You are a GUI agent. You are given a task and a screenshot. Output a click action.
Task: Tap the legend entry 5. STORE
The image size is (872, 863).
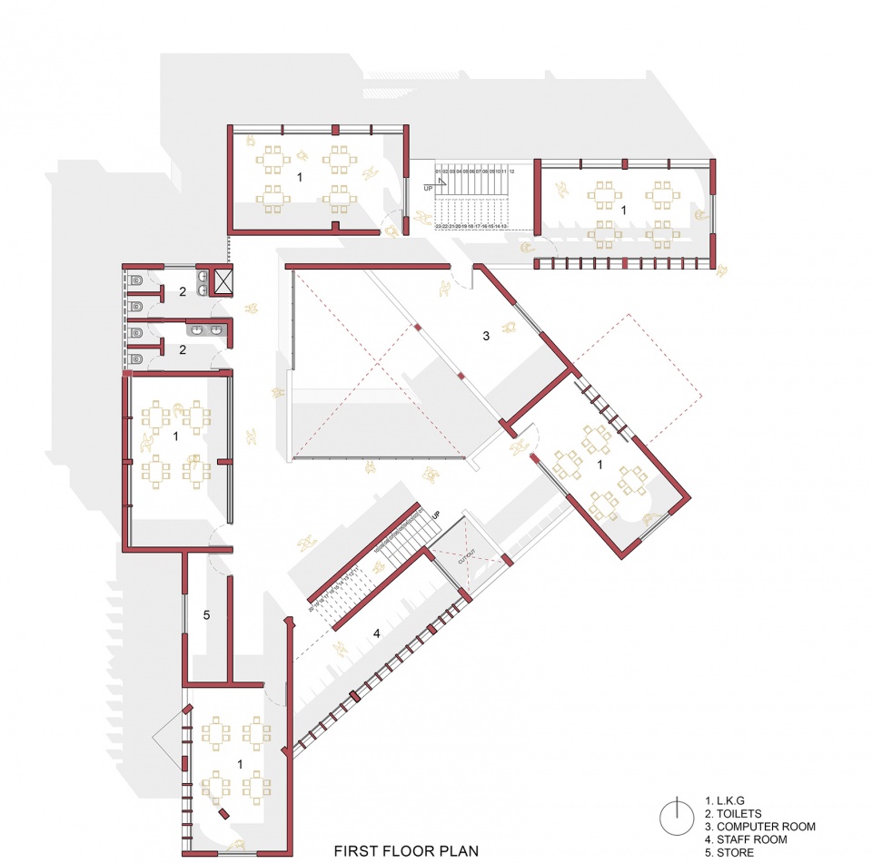[729, 853]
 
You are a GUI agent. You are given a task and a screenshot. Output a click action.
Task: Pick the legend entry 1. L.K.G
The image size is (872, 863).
[728, 801]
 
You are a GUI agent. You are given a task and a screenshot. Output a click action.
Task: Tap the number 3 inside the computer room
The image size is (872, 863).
[486, 336]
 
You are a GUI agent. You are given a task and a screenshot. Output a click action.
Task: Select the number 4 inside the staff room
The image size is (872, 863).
[376, 633]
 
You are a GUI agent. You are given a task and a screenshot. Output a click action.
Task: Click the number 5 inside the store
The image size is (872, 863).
[206, 615]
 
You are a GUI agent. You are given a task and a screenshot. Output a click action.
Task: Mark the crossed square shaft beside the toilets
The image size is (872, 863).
[223, 280]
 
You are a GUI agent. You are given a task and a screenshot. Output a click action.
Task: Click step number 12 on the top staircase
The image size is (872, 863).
[512, 171]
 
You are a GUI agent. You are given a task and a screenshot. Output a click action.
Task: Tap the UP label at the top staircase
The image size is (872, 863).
[428, 187]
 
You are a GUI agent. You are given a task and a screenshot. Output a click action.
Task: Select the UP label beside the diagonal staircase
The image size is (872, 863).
[435, 515]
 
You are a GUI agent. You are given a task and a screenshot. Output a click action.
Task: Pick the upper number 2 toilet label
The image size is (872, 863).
[183, 291]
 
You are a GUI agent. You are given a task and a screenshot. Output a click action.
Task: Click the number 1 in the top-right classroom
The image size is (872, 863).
[623, 210]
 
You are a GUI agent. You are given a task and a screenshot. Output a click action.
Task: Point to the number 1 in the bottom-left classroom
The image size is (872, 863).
[239, 764]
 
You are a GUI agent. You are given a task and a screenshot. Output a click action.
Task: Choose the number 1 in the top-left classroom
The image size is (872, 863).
[300, 178]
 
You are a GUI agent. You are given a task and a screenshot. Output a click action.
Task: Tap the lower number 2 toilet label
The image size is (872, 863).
[183, 349]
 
